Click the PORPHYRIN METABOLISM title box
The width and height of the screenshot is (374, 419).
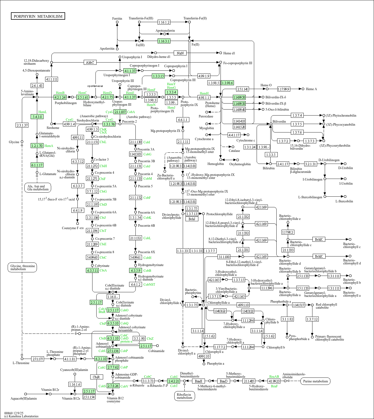[38, 16]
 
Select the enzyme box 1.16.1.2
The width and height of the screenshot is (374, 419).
[164, 22]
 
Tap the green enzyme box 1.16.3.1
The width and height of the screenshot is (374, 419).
[164, 41]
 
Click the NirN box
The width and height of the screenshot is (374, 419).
[180, 53]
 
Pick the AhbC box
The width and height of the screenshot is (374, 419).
[90, 62]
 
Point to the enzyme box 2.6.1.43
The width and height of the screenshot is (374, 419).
[37, 85]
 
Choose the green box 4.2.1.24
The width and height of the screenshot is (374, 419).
[60, 97]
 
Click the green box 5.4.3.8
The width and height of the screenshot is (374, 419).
[37, 117]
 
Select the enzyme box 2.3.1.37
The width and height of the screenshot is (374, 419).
[22, 125]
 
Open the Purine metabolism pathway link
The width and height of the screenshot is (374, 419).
[315, 381]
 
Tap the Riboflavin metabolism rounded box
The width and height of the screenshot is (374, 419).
[185, 396]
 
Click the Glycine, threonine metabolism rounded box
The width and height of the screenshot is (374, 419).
[22, 267]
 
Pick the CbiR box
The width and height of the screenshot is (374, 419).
[97, 377]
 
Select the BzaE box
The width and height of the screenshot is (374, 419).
[198, 381]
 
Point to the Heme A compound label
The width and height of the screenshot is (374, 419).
[311, 89]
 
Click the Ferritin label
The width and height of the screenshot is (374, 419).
[117, 19]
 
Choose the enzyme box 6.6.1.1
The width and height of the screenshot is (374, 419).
[183, 120]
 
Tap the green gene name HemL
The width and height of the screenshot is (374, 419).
[42, 112]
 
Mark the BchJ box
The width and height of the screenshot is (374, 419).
[192, 219]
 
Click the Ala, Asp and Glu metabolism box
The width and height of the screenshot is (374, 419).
[38, 188]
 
